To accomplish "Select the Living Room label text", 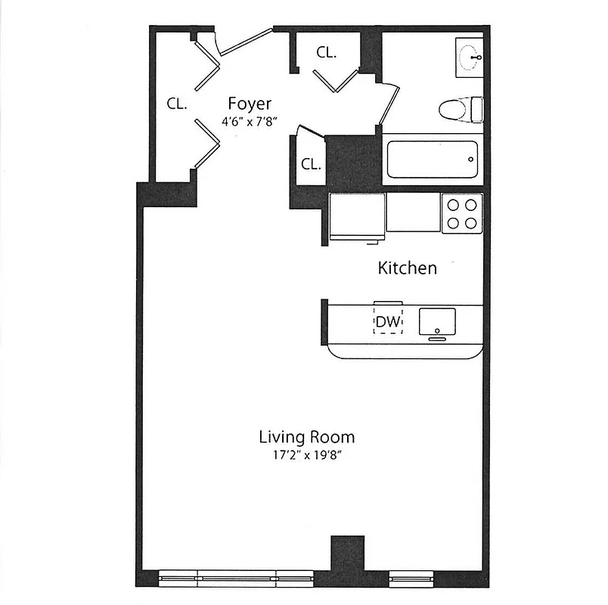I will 306,437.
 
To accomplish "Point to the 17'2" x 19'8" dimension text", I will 306,455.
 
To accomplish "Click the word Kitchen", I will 407,268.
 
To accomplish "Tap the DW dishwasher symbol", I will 388,321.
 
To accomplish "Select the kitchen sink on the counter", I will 438,320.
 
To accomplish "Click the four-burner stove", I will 461,213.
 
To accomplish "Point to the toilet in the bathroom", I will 458,109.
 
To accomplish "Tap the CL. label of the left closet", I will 177,104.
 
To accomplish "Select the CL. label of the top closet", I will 326,53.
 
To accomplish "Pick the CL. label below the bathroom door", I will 311,164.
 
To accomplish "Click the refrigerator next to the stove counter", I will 357,216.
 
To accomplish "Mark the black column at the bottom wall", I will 348,554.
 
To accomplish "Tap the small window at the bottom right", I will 411,579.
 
